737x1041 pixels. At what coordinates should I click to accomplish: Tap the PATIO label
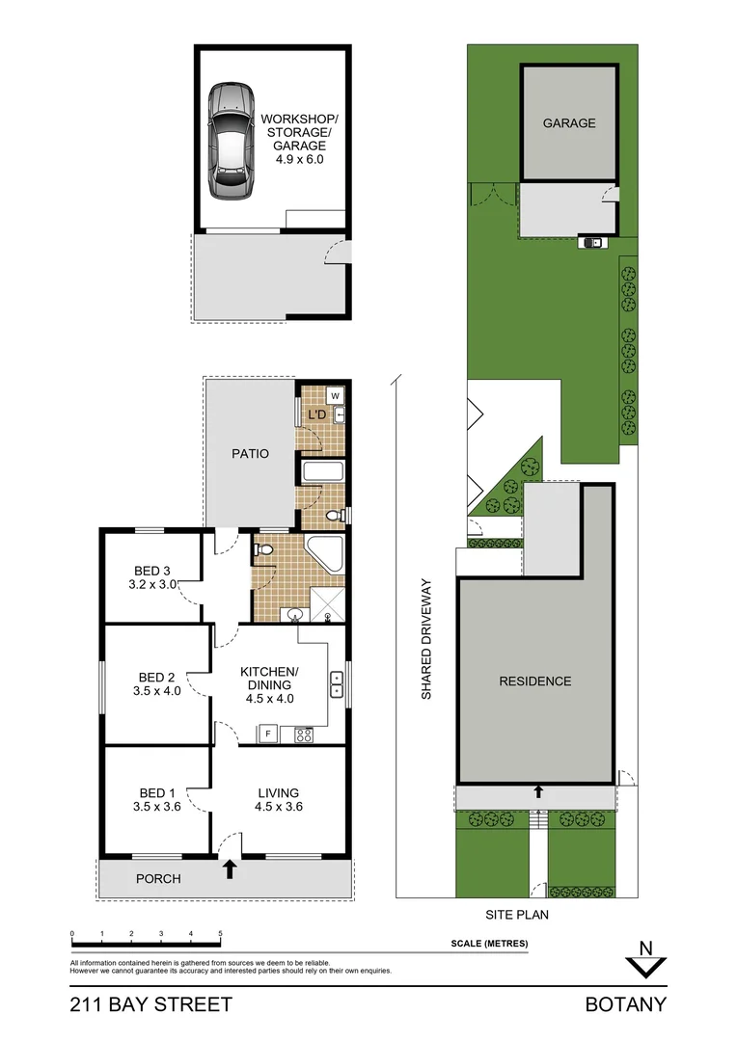(250, 453)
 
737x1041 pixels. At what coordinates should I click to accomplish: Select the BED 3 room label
(154, 570)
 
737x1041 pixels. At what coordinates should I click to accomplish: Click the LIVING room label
(279, 793)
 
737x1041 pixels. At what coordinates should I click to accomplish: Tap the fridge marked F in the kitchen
(267, 734)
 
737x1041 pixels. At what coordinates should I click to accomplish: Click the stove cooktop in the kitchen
(303, 734)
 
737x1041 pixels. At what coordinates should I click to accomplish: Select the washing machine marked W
(335, 395)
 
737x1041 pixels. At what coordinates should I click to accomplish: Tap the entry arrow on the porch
(230, 870)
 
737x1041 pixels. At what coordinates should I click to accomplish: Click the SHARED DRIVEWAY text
(424, 639)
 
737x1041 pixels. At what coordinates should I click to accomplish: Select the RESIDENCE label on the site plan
(534, 681)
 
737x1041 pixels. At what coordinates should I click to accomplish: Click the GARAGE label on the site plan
(568, 123)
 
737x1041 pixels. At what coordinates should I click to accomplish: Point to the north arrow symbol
(647, 963)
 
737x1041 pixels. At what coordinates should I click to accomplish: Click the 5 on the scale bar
(220, 934)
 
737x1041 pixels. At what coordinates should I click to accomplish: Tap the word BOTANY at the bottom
(625, 1004)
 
